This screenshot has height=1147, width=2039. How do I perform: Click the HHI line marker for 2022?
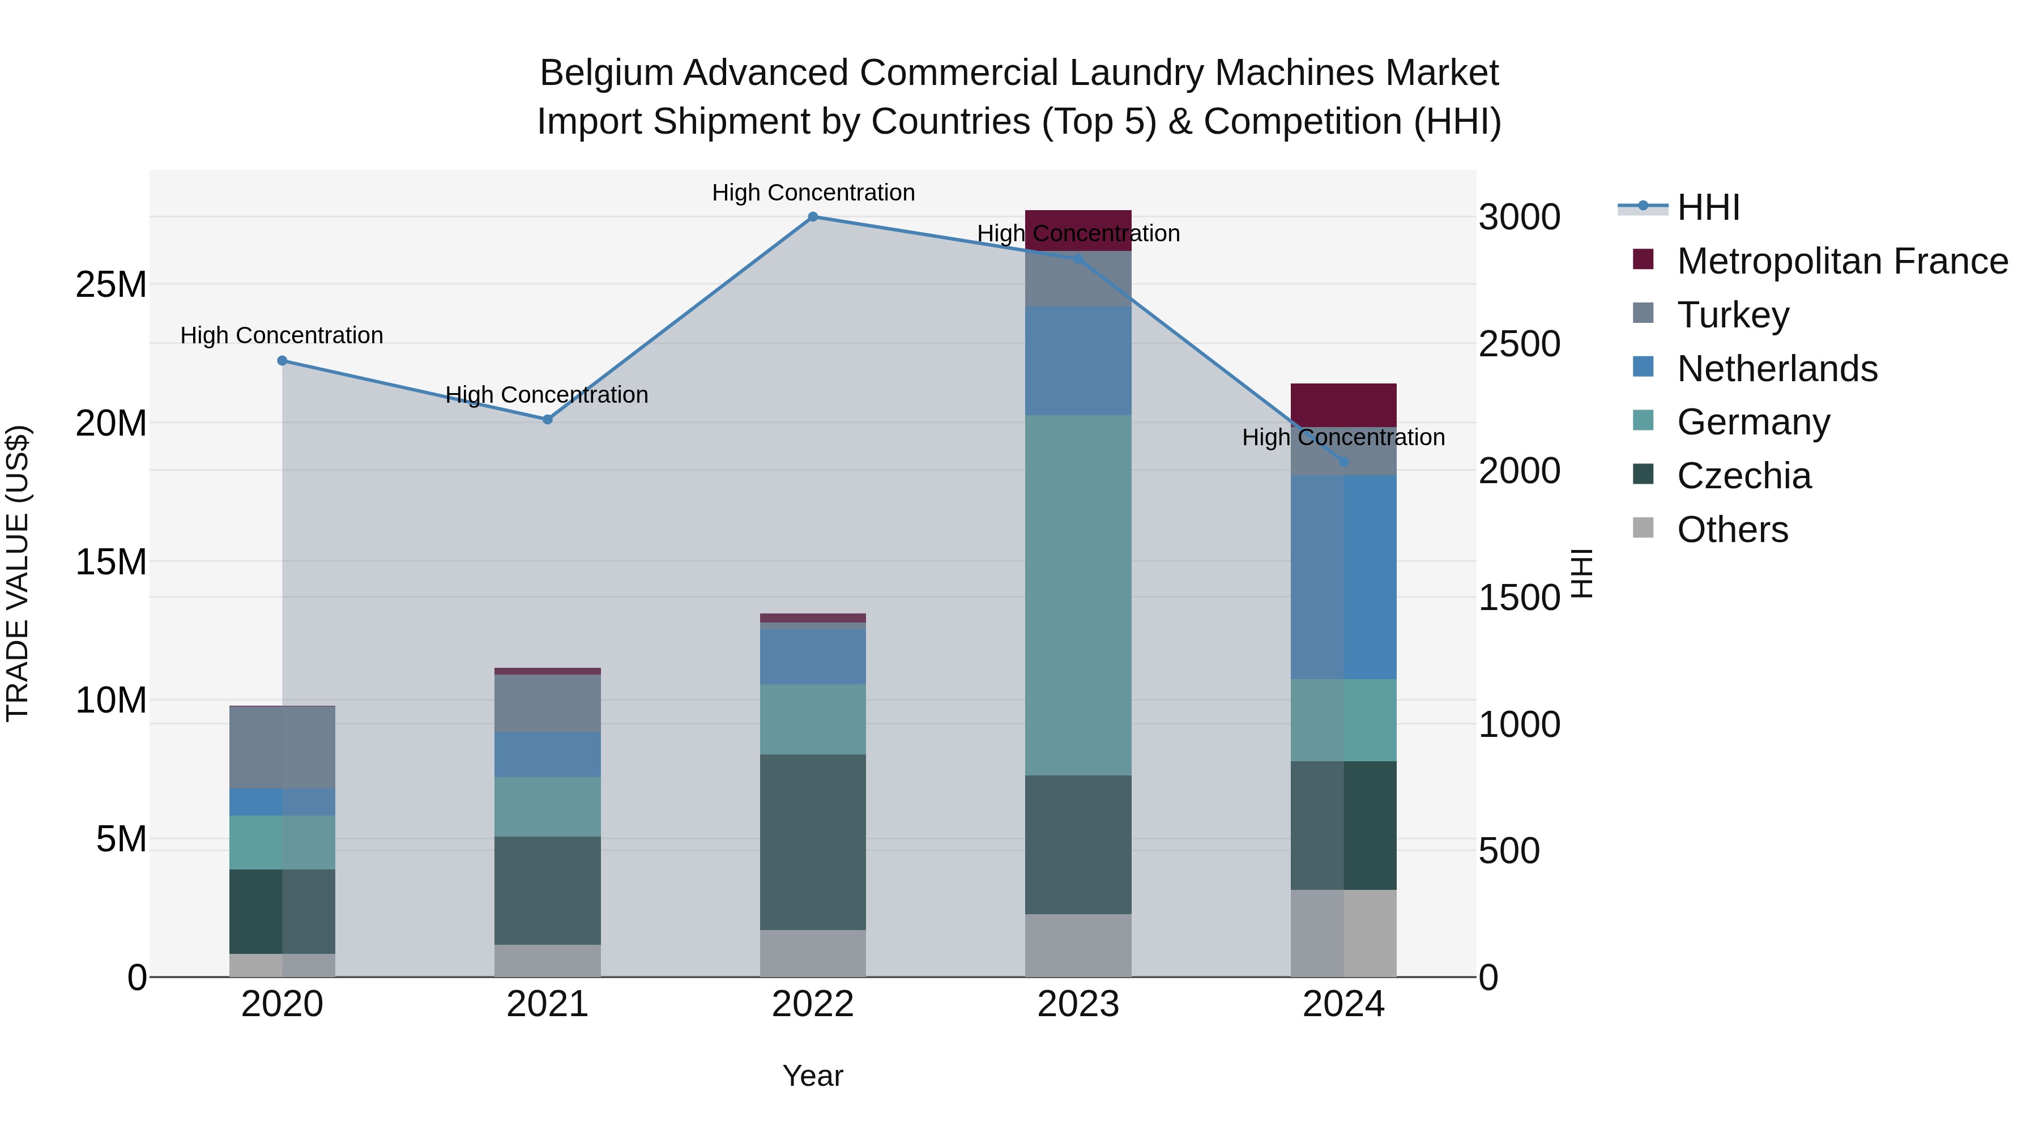pos(813,217)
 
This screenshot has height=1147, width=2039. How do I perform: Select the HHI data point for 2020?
pos(283,361)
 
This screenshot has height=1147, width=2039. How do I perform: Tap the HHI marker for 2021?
pos(548,420)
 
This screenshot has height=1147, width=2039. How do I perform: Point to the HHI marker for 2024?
pos(1343,462)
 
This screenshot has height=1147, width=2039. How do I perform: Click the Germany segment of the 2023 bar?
pos(1078,595)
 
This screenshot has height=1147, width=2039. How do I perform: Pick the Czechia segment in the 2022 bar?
pos(813,842)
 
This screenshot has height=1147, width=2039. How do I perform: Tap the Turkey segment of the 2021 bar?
pos(548,703)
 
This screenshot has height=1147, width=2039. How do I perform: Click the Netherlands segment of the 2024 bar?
pos(1343,577)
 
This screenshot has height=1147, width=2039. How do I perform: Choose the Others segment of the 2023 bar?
pos(1078,945)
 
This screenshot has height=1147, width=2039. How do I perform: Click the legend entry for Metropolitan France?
pos(1841,261)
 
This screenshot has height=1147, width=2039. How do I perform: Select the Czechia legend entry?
pos(1744,476)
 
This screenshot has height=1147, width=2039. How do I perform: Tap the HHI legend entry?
pos(1708,207)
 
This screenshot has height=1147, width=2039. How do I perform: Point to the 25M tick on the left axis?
pos(112,284)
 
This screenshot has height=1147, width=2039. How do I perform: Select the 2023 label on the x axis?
pos(1078,1004)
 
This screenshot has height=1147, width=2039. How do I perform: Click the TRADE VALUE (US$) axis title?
pos(18,573)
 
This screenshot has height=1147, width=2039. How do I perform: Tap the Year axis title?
pos(813,1076)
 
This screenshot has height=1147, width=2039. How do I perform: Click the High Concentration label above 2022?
pos(813,193)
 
